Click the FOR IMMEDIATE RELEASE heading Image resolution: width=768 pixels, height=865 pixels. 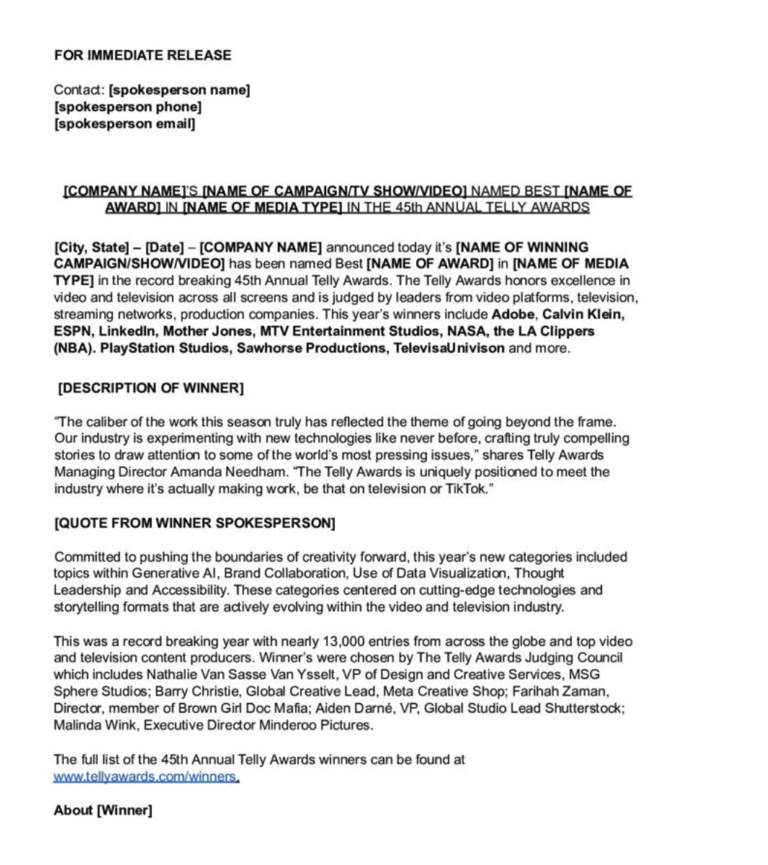(x=142, y=55)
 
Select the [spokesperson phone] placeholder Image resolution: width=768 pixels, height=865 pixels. (x=128, y=107)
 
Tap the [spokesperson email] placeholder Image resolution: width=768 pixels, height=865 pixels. (x=125, y=123)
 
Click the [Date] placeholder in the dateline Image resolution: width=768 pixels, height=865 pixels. (x=163, y=247)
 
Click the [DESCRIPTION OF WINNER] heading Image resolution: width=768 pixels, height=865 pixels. (x=150, y=388)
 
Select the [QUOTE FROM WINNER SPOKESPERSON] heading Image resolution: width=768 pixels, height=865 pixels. (x=195, y=523)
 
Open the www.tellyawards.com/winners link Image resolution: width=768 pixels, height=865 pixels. (x=145, y=776)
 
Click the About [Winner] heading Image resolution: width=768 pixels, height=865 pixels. (x=103, y=811)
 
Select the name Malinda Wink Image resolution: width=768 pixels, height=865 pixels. (x=88, y=725)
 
